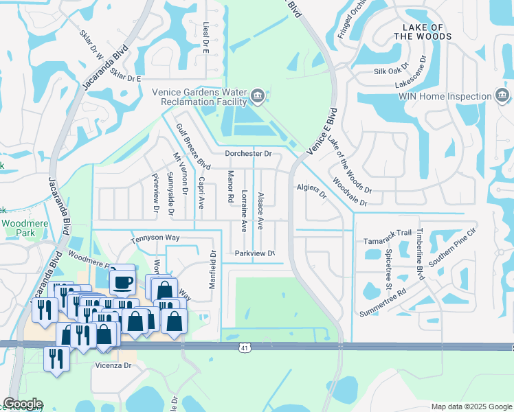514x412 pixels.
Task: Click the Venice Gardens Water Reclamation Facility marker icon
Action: coord(258,96)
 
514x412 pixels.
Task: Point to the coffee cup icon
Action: coord(122,282)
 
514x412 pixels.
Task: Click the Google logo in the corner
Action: coord(23,404)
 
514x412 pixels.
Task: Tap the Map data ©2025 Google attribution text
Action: coord(471,407)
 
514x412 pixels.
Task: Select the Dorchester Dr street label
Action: coord(249,154)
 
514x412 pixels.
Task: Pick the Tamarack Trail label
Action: coord(386,241)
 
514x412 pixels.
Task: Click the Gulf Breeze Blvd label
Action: coord(192,146)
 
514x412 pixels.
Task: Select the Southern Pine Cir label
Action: coord(452,249)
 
